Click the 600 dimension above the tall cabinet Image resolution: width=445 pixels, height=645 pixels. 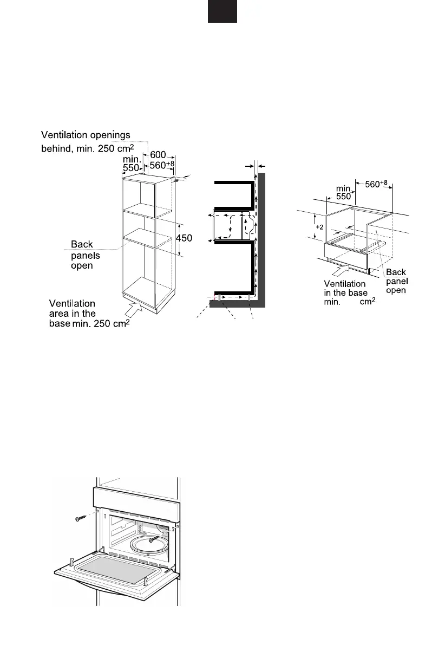coord(158,155)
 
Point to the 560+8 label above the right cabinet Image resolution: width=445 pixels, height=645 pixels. coord(376,184)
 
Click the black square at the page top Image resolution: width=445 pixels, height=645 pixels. coord(222,11)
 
